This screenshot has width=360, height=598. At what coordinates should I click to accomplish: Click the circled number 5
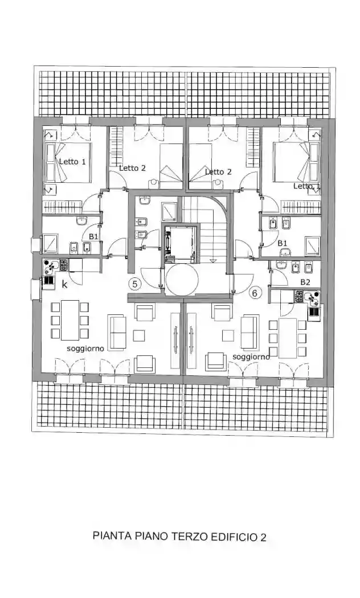pos(135,284)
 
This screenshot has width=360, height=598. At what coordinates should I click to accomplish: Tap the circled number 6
pos(255,293)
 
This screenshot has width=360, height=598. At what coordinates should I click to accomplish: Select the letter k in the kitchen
pos(64,284)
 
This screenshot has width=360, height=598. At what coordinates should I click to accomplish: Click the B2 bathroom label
pos(305,282)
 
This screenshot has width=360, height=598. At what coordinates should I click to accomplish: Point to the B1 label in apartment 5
pos(93,235)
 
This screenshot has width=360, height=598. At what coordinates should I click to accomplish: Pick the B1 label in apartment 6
pos(282,243)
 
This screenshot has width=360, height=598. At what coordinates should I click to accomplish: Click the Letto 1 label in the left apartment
pos(72,161)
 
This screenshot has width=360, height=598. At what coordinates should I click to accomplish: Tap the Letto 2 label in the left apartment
pos(132,167)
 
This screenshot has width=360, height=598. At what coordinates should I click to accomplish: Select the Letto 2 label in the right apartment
pos(218,171)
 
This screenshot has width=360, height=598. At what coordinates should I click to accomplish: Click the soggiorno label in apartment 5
pos(85,349)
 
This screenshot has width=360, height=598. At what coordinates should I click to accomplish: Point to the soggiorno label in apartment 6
pos(251,357)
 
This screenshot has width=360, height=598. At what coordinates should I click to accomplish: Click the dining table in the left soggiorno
pos(70,320)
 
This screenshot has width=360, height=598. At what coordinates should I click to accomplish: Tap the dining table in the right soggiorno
pos(288,338)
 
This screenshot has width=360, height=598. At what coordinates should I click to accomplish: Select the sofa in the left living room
pos(118,331)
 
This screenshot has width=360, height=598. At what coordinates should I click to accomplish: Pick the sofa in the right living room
pos(249,332)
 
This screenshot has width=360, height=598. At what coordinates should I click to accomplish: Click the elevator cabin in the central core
pos(181,244)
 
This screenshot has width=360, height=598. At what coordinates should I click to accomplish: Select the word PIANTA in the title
pos(112,536)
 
